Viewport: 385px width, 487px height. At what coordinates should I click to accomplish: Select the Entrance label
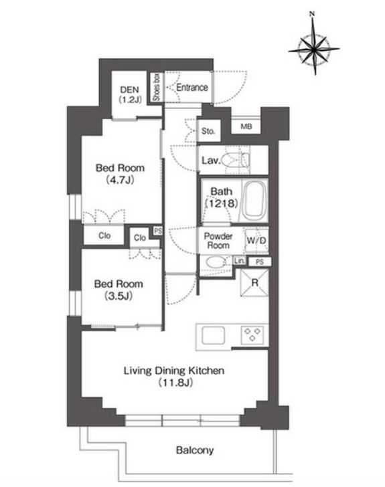[x=192, y=88]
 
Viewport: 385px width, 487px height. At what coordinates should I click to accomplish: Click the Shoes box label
[x=157, y=88]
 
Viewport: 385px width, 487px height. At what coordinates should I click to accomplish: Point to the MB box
[x=246, y=126]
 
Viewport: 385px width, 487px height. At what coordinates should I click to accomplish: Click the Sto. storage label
[x=208, y=131]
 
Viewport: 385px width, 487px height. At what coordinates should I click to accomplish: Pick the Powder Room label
[x=218, y=241]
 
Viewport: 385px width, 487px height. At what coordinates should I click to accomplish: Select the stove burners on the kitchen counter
[x=254, y=334]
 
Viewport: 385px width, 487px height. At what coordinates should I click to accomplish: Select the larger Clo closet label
[x=105, y=235]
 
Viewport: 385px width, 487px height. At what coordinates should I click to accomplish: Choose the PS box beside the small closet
[x=158, y=231]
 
